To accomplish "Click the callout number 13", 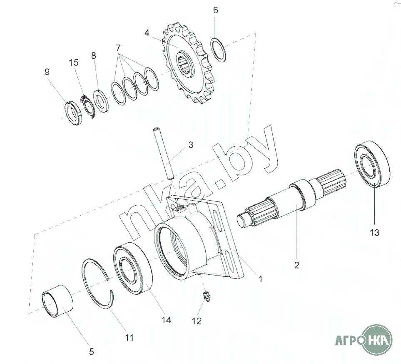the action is tap(374, 233).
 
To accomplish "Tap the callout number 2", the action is tap(296, 265).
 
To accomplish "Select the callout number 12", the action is tap(197, 321).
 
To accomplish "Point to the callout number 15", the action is tap(74, 63).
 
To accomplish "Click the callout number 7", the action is tap(118, 48).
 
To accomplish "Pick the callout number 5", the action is tap(92, 352).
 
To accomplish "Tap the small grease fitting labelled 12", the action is tap(207, 297).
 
